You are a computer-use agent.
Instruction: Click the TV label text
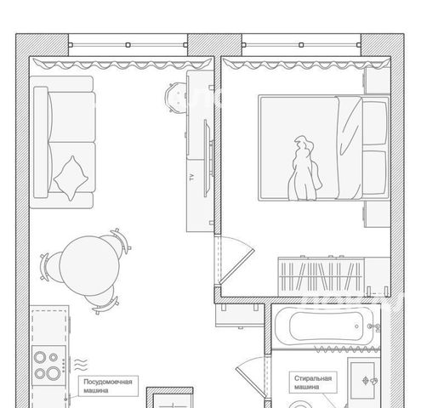(x=192, y=178)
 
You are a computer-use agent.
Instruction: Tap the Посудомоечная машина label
(x=108, y=386)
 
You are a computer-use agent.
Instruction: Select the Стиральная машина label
(x=313, y=382)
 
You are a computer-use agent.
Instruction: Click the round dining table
(x=89, y=266)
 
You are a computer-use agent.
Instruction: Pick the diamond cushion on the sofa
(x=71, y=178)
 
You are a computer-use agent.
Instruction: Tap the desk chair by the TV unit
(x=175, y=98)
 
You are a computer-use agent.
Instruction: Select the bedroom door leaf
(x=236, y=266)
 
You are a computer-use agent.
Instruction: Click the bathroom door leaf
(x=251, y=383)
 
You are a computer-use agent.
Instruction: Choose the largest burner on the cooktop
(x=53, y=373)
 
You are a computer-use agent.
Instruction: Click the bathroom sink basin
(x=363, y=381)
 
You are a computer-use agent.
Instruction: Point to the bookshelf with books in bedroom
(x=321, y=276)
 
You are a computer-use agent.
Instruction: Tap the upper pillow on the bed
(x=375, y=121)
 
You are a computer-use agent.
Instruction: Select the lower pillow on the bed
(x=375, y=172)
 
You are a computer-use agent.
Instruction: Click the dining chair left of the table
(x=48, y=266)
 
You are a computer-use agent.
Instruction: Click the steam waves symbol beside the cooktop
(x=81, y=365)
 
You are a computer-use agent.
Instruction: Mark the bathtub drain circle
(x=356, y=326)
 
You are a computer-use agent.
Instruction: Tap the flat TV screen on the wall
(x=207, y=158)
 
